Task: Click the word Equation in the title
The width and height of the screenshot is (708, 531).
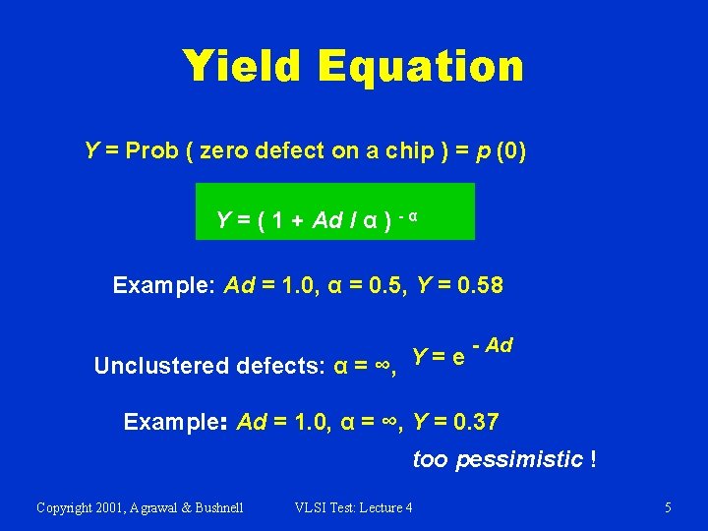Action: point(421,68)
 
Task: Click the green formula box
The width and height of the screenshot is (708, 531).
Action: point(335,211)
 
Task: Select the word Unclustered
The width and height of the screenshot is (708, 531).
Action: point(161,366)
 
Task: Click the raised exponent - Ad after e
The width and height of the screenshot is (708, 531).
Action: point(493,345)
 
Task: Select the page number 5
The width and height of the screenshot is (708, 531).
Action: point(668,507)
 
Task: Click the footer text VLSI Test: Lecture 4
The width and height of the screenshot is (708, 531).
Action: point(354,507)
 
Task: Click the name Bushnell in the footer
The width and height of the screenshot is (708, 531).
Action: point(213,507)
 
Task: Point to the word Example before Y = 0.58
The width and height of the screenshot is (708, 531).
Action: point(163,286)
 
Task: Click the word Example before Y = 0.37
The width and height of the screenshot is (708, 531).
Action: point(173,423)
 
